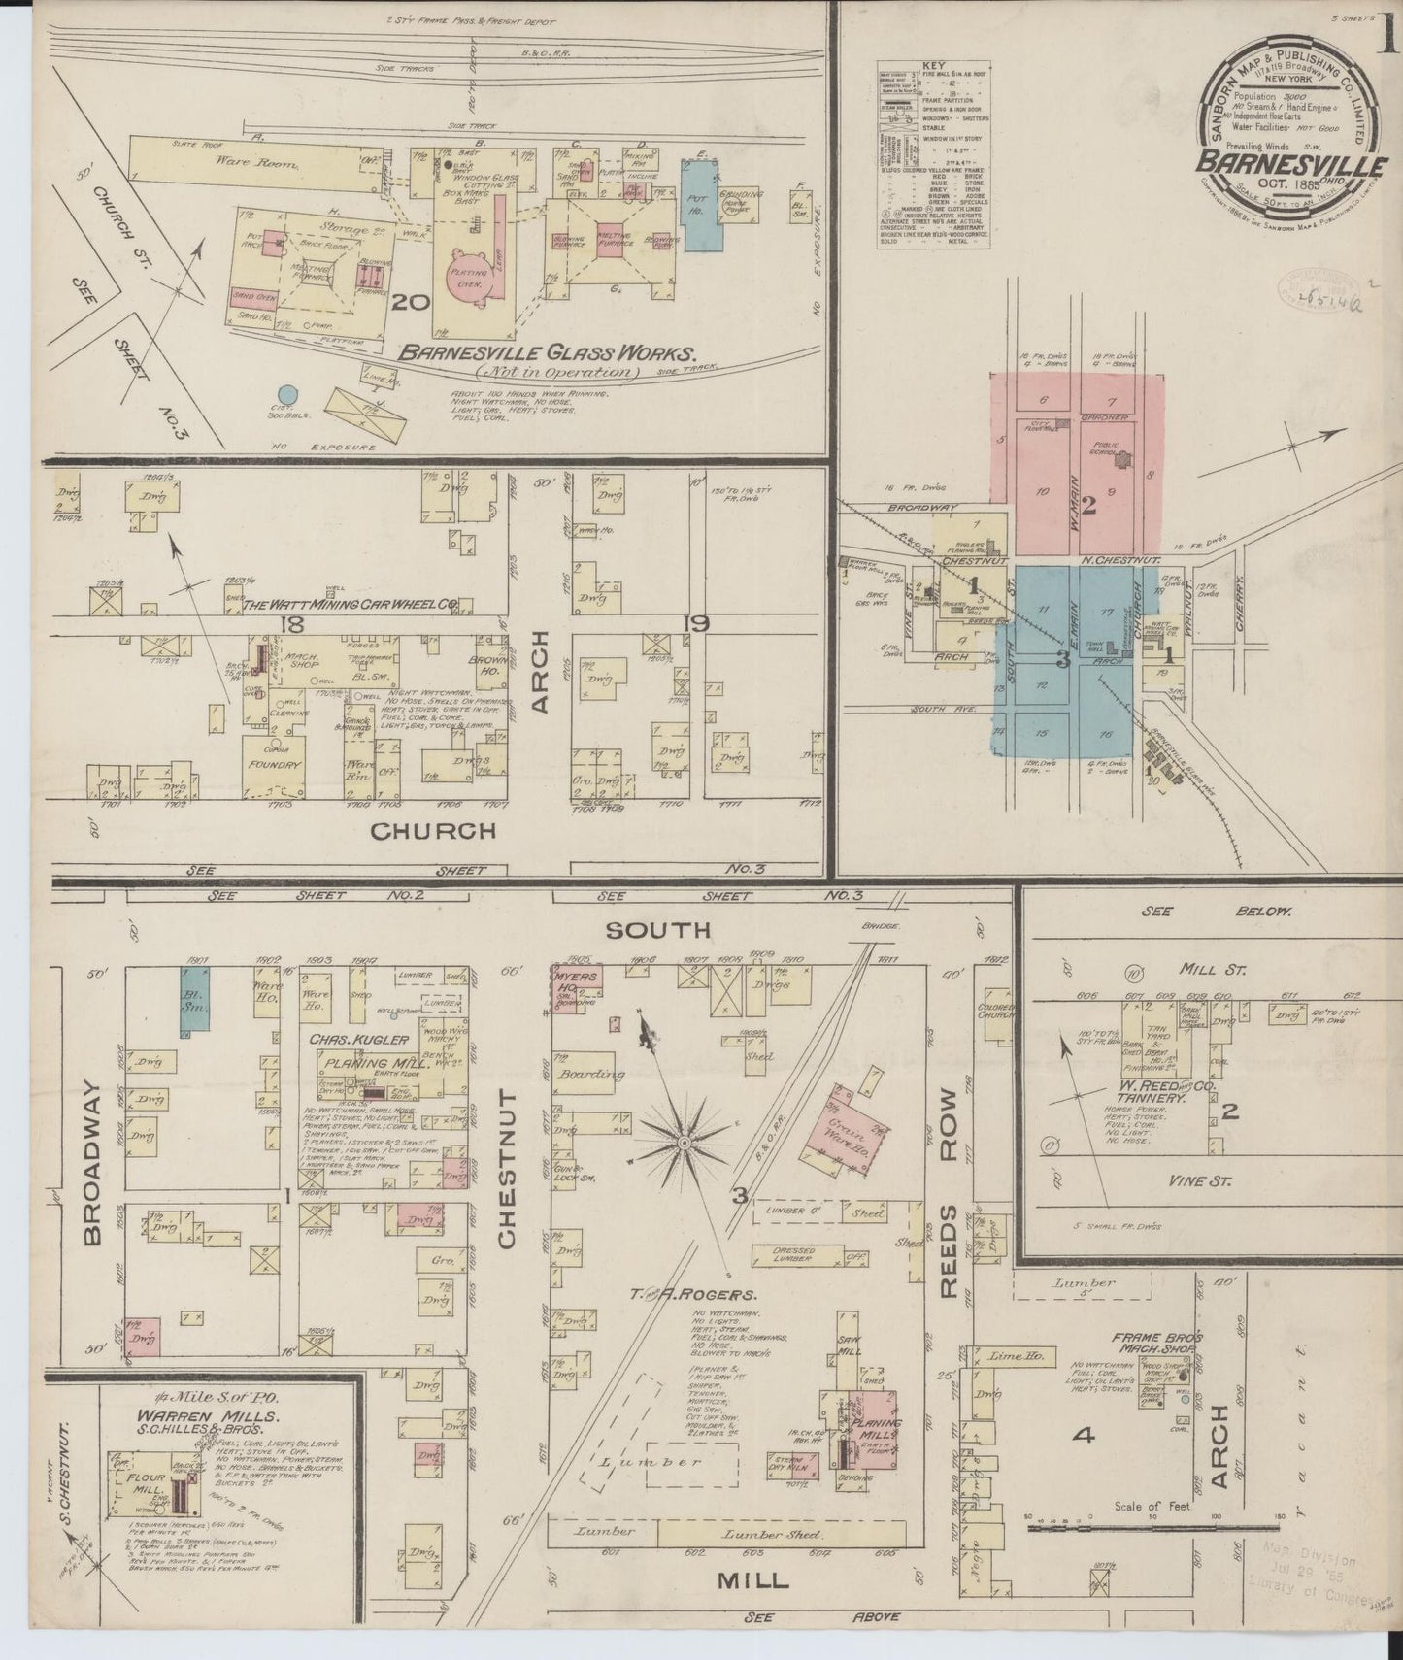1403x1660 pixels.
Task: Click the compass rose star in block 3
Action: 685,1143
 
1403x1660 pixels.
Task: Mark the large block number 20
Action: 411,303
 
